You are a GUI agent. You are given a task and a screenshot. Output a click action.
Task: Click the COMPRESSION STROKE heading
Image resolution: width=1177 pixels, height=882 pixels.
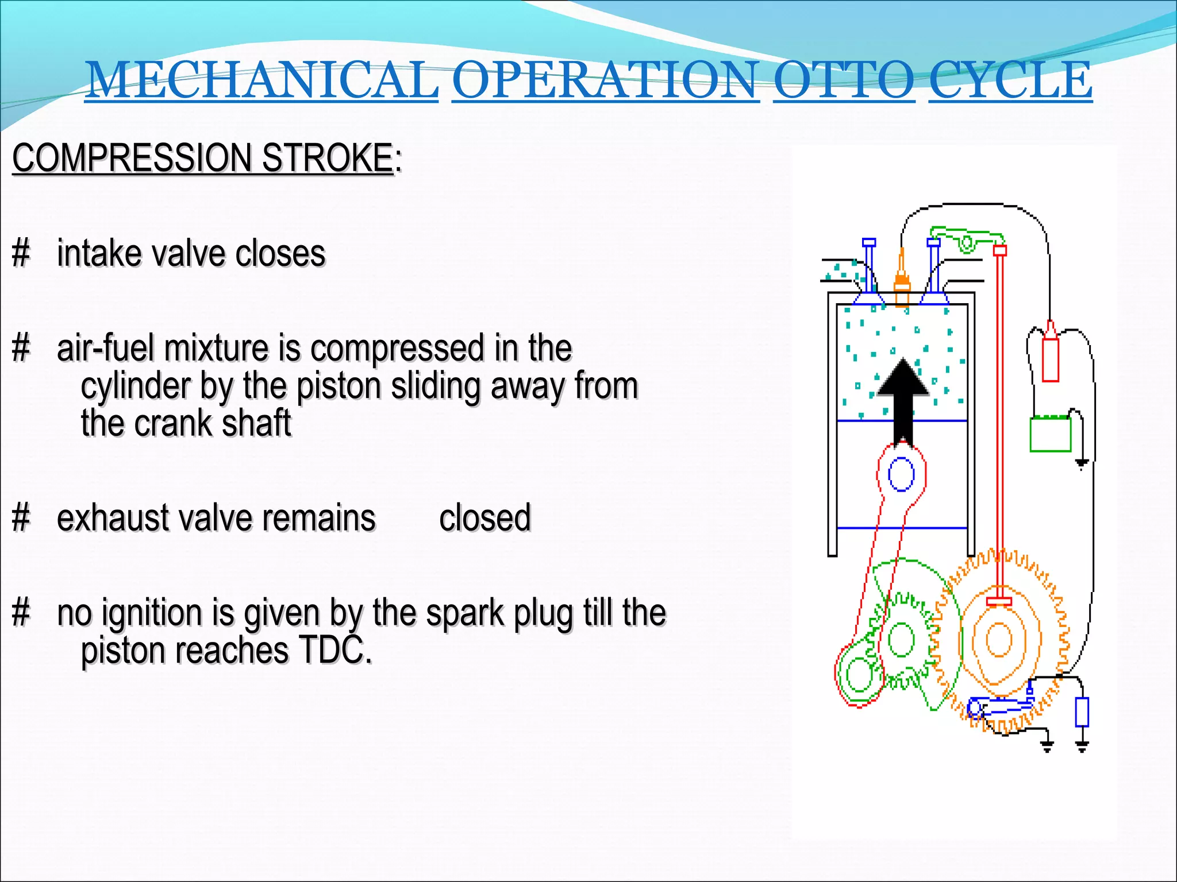[x=203, y=158]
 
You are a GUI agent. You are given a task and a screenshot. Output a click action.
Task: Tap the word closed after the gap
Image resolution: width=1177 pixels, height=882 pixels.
[x=484, y=517]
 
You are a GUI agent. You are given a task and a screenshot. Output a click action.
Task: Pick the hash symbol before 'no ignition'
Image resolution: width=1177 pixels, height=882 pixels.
[x=21, y=613]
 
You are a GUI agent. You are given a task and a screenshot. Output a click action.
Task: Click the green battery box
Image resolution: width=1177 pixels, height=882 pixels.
[x=1050, y=434]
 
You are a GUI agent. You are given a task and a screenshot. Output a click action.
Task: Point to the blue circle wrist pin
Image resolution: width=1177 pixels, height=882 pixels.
[x=901, y=474]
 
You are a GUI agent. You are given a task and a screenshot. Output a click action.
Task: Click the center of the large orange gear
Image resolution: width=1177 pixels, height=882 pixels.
[x=999, y=639]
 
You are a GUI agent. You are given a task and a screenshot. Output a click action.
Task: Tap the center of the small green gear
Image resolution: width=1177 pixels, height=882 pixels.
[x=901, y=639]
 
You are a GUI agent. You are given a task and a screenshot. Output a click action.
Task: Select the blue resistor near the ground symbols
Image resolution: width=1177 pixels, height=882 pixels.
[x=1082, y=712]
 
